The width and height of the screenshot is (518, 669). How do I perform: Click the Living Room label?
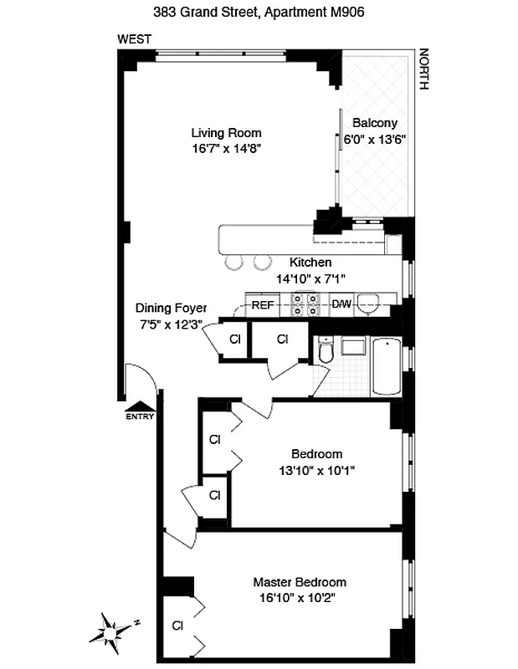[x=226, y=132]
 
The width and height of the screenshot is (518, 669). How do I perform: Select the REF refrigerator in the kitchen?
[x=263, y=305]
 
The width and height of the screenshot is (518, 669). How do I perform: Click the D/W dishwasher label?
[x=341, y=305]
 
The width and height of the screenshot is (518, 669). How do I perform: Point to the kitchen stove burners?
[x=303, y=305]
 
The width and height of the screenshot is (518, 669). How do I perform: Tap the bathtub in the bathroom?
[x=385, y=366]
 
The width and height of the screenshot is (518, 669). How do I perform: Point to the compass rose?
[x=114, y=627]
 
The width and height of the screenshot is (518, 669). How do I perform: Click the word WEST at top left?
[x=134, y=39]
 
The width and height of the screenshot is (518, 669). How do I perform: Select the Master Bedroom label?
[x=300, y=582]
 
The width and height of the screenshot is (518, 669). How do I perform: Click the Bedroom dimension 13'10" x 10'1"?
[x=317, y=470]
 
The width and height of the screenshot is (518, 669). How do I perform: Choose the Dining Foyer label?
[x=171, y=308]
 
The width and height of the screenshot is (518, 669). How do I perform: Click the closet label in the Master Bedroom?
[x=177, y=625]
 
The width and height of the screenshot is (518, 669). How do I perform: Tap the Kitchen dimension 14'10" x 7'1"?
[x=311, y=278]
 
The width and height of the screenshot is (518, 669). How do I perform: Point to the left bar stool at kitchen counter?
[x=233, y=262]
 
